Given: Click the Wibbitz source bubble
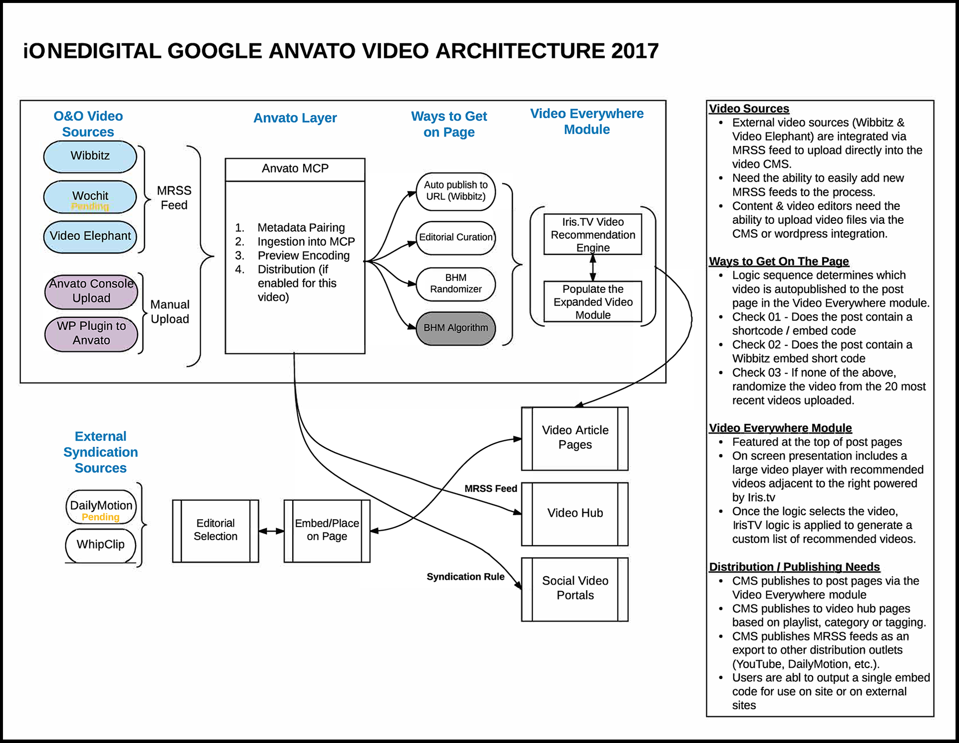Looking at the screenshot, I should pyautogui.click(x=90, y=156).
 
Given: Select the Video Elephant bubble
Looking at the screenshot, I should pyautogui.click(x=90, y=236).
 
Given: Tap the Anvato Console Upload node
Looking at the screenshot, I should pyautogui.click(x=91, y=291).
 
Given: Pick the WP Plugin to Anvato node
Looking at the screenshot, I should pyautogui.click(x=91, y=333).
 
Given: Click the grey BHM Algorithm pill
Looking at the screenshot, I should pyautogui.click(x=456, y=328).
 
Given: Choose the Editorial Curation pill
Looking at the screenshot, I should pyautogui.click(x=456, y=237).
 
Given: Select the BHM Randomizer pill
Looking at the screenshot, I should pyautogui.click(x=456, y=284).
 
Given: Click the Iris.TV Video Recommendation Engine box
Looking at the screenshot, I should pyautogui.click(x=593, y=235).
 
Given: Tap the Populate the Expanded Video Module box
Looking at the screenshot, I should pyautogui.click(x=593, y=302).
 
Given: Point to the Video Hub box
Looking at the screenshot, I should pyautogui.click(x=575, y=513).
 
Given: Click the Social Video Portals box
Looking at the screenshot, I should pyautogui.click(x=575, y=589).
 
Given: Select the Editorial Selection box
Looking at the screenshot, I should pyautogui.click(x=215, y=530).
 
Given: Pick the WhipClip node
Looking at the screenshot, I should pyautogui.click(x=100, y=545).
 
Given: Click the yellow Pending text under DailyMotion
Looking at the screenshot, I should pyautogui.click(x=100, y=517).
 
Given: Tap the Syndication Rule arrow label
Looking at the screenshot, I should pyautogui.click(x=466, y=577).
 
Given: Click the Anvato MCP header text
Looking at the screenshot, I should pyautogui.click(x=295, y=169).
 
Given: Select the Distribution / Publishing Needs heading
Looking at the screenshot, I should pyautogui.click(x=794, y=567).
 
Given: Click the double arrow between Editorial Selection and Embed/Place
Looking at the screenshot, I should pyautogui.click(x=271, y=531).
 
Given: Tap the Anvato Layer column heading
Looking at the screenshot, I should pyautogui.click(x=295, y=118).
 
